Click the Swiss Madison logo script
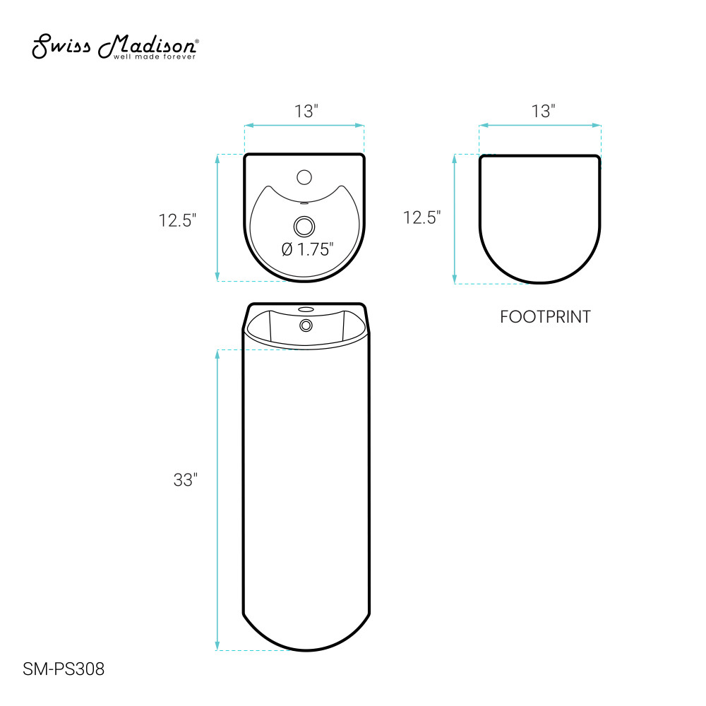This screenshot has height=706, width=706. point(114,46)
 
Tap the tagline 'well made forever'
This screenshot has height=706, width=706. point(155,56)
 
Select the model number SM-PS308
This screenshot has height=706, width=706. point(64,669)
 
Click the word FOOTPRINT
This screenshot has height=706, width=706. point(545,317)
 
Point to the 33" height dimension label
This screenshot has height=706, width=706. point(186,480)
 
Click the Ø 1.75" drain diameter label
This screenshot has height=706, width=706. point(308,249)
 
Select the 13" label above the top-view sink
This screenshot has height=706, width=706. point(306,112)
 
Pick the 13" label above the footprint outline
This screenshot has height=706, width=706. point(544,112)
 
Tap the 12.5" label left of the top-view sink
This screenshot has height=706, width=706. point(177,220)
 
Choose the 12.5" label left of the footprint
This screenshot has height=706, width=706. point(421,218)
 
